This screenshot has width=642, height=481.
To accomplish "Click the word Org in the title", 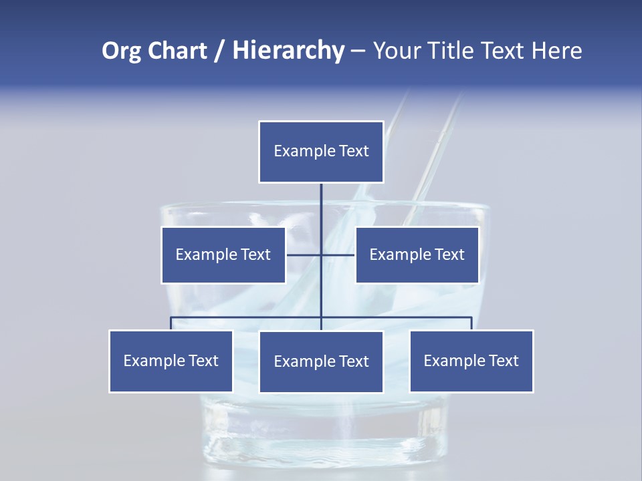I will [120, 51].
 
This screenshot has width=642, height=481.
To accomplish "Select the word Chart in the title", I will [175, 51].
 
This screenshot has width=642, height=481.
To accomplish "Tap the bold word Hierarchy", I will [288, 51].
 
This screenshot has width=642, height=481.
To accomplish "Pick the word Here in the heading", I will [557, 51].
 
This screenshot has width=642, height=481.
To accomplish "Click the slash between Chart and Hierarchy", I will [220, 51].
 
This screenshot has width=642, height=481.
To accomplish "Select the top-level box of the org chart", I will [321, 152].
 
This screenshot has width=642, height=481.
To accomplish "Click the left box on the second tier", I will [223, 255].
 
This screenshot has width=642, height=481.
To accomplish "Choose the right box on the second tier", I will [417, 255].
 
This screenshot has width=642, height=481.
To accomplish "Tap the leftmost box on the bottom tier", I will [171, 361].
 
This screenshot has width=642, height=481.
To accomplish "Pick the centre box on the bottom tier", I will [321, 361].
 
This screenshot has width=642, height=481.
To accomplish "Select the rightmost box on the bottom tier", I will [471, 361].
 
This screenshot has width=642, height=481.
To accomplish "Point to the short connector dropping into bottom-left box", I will [171, 323].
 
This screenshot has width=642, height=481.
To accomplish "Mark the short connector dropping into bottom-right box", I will [471, 323].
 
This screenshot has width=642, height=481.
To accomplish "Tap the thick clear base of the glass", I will [321, 444].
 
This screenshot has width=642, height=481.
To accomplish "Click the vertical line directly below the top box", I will [321, 207].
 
